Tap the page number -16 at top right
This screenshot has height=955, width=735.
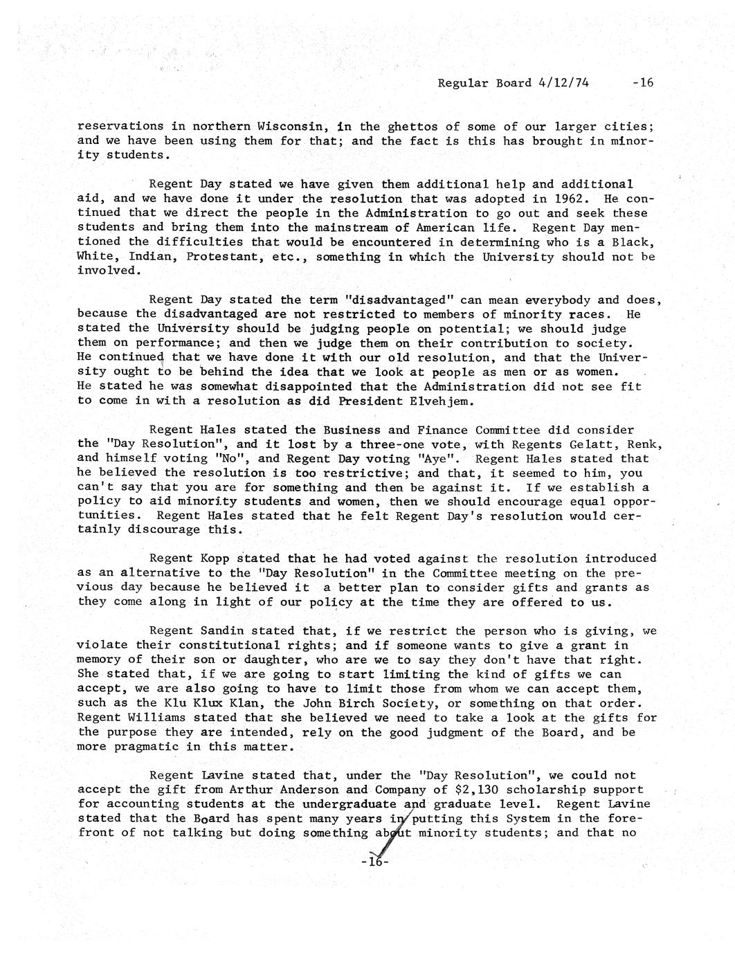pyautogui.click(x=643, y=83)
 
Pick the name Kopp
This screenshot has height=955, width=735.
pyautogui.click(x=215, y=559)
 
